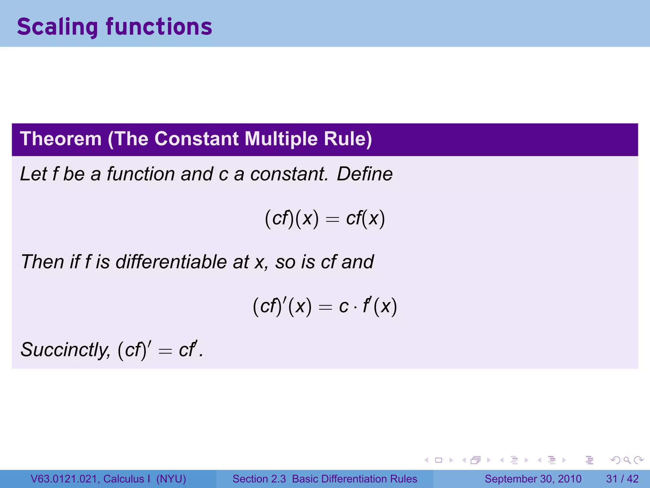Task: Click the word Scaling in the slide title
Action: tap(57, 27)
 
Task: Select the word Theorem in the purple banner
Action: tap(61, 139)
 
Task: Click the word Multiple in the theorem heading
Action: tap(281, 139)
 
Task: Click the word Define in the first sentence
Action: tap(365, 174)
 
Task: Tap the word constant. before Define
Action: tap(289, 174)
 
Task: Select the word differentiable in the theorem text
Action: tap(171, 262)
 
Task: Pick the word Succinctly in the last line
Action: tap(65, 350)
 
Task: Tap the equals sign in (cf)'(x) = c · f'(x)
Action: tap(325, 307)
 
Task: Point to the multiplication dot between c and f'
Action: tap(355, 308)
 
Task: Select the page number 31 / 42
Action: tap(622, 479)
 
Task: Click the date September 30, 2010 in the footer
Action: tap(533, 479)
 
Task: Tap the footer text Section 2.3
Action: tap(259, 479)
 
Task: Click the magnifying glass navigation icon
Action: tap(627, 460)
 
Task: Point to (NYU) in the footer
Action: tap(171, 479)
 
